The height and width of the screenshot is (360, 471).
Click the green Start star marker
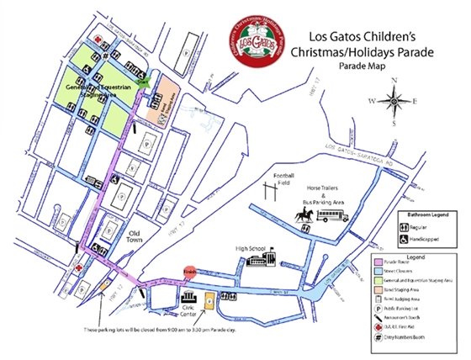point(144,82)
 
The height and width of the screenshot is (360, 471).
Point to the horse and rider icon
point(303,216)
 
